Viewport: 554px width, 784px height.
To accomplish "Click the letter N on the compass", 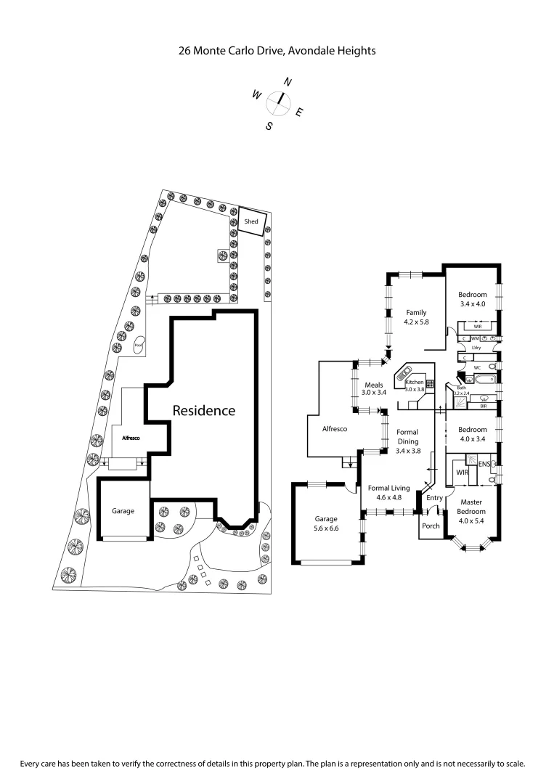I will coord(288,83).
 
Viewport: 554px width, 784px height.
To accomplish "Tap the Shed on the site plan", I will coord(251,221).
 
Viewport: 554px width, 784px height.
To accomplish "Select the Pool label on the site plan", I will coord(138,346).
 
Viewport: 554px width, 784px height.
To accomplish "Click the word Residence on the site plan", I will coord(203,410).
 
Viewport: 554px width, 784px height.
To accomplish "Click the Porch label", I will coord(431,526).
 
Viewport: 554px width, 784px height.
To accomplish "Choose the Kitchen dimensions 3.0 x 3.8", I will coord(414,389).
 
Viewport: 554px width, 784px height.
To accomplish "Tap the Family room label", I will coord(416,313).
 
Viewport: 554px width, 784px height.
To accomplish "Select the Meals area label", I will coord(375,385).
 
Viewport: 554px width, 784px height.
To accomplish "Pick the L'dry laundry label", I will coord(476,348).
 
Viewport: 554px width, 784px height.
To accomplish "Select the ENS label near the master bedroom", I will coord(484,464).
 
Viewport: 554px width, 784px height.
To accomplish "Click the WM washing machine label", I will coord(475,338).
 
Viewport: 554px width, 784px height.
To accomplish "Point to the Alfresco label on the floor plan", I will coord(334,429).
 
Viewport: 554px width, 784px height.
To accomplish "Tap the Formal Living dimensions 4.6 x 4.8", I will coord(388,498).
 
